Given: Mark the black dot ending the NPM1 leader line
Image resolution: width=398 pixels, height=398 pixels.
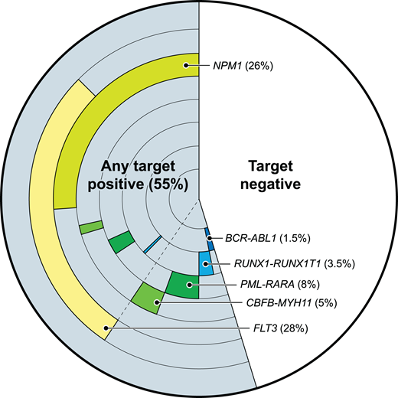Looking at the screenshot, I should point(187,67).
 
